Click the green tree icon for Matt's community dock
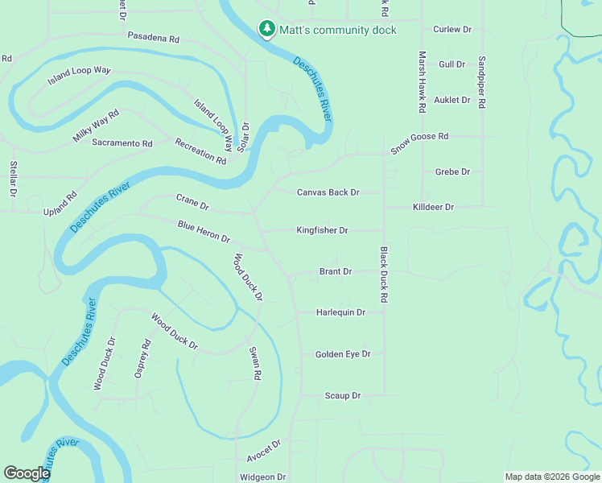point(266,29)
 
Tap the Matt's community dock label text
point(338,30)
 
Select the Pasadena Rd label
point(153,38)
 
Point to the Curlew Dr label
point(452,29)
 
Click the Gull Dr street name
point(452,64)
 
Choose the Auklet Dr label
point(451,100)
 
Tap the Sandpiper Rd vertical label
point(482,83)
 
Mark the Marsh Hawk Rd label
point(421,81)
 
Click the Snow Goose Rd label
point(419,142)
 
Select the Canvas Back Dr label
point(328,192)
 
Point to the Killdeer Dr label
point(433,207)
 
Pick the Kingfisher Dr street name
point(322,230)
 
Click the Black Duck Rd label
point(384,275)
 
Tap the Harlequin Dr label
point(340,312)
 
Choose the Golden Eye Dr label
point(343,354)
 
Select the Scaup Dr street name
point(343,395)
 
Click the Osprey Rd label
point(146,359)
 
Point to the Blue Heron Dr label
point(204,232)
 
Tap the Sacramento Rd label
point(122,143)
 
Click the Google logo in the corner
point(27,473)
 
